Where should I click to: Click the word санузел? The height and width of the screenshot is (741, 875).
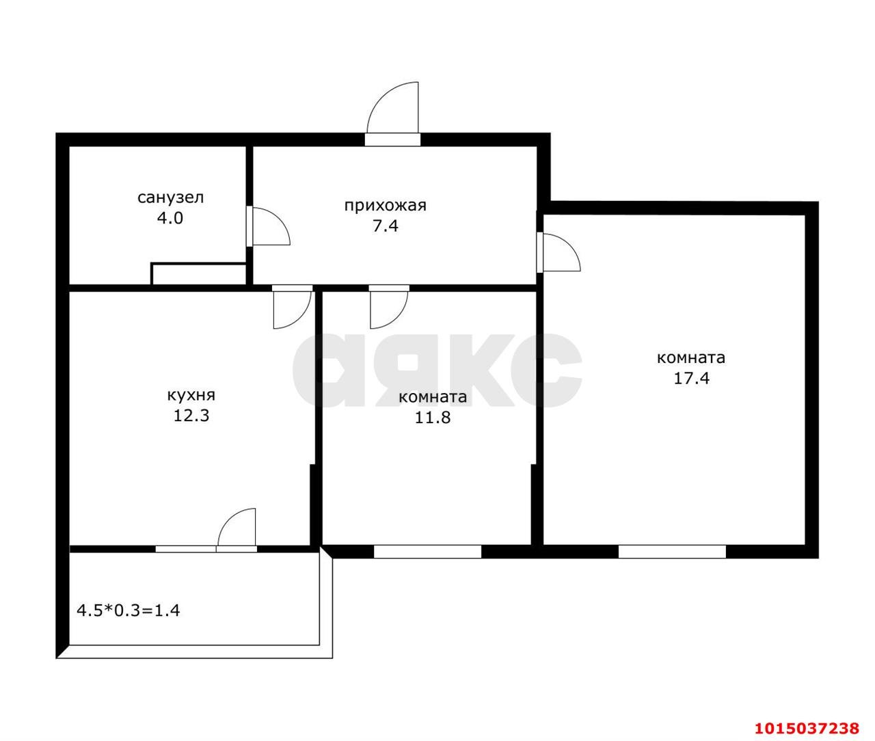(x=171, y=198)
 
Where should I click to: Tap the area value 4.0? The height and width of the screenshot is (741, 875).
(x=170, y=219)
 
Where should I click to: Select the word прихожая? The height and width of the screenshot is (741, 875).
(x=386, y=206)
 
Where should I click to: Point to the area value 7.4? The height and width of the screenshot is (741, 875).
(x=386, y=226)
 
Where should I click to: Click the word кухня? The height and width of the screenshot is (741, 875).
(x=191, y=396)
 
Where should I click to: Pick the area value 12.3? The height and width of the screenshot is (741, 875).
(x=191, y=416)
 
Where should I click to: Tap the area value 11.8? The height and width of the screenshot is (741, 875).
(x=433, y=418)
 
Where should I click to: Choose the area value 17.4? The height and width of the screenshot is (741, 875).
(x=691, y=378)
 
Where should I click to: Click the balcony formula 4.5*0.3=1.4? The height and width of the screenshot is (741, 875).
(x=129, y=610)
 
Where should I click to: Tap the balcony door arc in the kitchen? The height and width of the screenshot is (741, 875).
(x=229, y=519)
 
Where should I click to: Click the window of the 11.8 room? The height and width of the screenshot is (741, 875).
(x=427, y=552)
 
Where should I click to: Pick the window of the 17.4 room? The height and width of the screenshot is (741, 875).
(x=672, y=552)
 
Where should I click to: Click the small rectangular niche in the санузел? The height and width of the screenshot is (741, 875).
(x=198, y=274)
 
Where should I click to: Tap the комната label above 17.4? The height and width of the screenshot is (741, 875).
(x=691, y=358)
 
